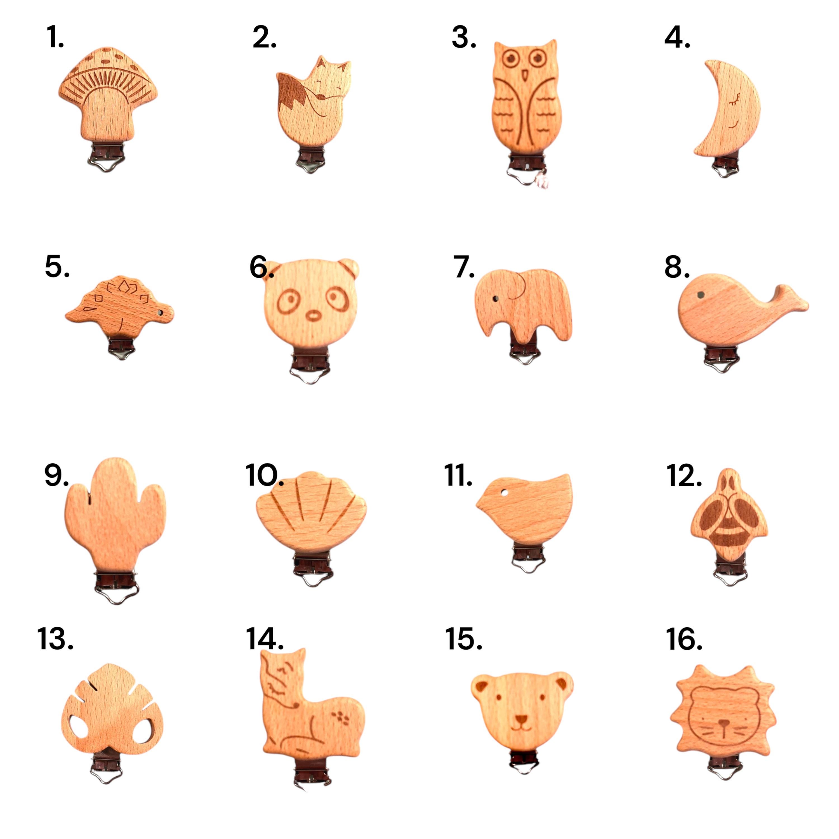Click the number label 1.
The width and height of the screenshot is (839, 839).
click(55, 38)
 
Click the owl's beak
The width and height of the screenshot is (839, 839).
click(525, 76)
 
